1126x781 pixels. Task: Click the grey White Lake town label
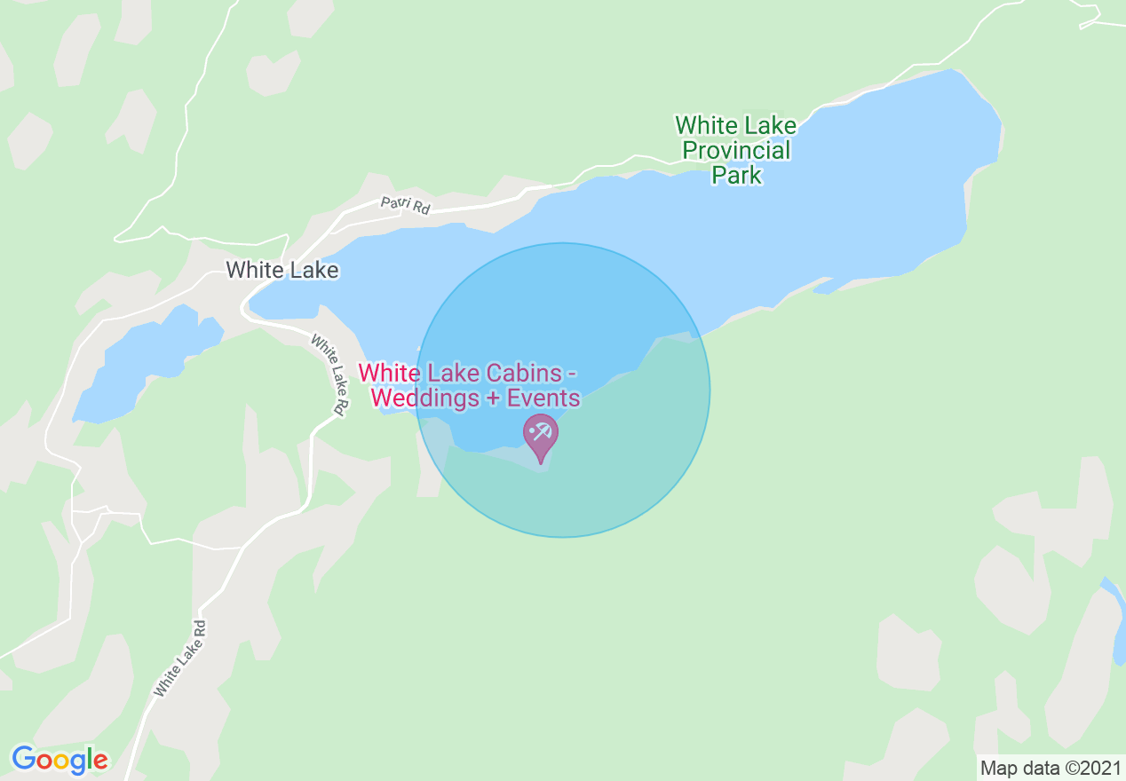point(282,270)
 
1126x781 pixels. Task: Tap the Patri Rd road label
point(406,205)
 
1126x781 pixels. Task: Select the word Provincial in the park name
point(736,150)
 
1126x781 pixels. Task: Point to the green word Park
point(737,175)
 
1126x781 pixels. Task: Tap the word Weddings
point(425,398)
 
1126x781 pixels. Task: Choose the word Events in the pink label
point(543,398)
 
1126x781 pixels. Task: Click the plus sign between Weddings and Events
point(493,399)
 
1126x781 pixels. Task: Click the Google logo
point(59,760)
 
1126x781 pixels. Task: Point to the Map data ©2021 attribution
point(1051,767)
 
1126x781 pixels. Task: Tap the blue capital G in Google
point(23,759)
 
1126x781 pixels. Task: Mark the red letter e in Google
point(100,761)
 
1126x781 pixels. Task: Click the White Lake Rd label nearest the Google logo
point(180,658)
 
